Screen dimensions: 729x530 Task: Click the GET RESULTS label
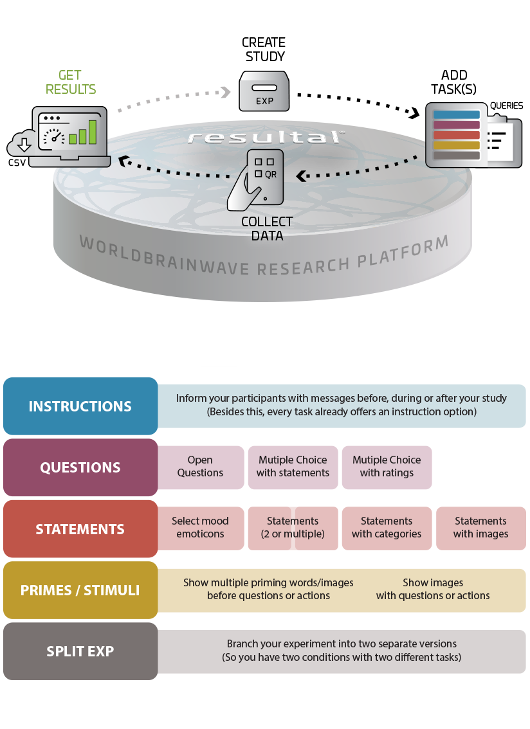point(71,82)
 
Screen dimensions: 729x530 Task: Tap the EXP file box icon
point(264,91)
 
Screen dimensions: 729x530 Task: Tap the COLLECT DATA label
point(266,228)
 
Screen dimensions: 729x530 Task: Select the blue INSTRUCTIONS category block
point(80,406)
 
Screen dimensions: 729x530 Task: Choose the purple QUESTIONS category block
point(80,467)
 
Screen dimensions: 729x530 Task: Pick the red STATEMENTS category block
point(80,529)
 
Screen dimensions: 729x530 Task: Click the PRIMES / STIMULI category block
point(80,590)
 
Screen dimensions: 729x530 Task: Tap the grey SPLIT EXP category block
point(80,651)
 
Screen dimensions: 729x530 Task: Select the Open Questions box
point(200,467)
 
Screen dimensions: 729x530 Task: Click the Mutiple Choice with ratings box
point(387,467)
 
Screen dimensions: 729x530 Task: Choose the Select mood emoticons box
point(200,528)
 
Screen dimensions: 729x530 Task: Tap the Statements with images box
point(480,528)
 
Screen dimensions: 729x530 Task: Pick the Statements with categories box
point(387,528)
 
